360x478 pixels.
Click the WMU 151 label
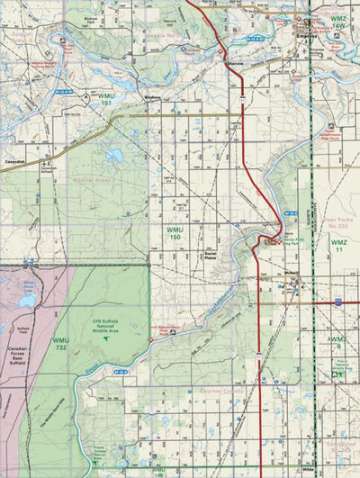pyautogui.click(x=106, y=99)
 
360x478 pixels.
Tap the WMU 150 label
pyautogui.click(x=176, y=235)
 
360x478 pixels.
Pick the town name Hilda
pyautogui.click(x=311, y=470)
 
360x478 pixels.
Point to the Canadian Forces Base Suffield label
pyautogui.click(x=19, y=356)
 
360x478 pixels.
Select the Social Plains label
pyautogui.click(x=212, y=254)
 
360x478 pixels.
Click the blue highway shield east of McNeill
pyautogui.click(x=336, y=302)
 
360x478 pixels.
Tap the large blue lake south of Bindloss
pyautogui.click(x=114, y=156)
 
